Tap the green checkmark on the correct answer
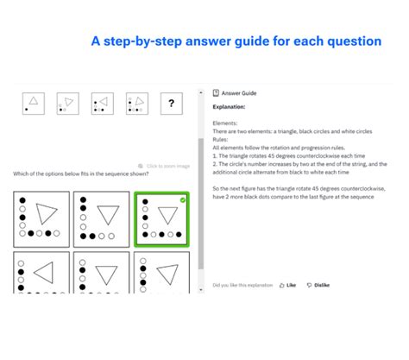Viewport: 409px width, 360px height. click(x=183, y=200)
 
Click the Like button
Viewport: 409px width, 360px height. click(x=287, y=284)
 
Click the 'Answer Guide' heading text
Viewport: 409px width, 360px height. click(x=239, y=93)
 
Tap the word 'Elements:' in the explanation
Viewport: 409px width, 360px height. click(x=225, y=123)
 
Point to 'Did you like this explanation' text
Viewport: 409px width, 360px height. click(x=242, y=284)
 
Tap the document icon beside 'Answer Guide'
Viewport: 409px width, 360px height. click(x=215, y=93)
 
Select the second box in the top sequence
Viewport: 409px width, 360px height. click(x=67, y=104)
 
